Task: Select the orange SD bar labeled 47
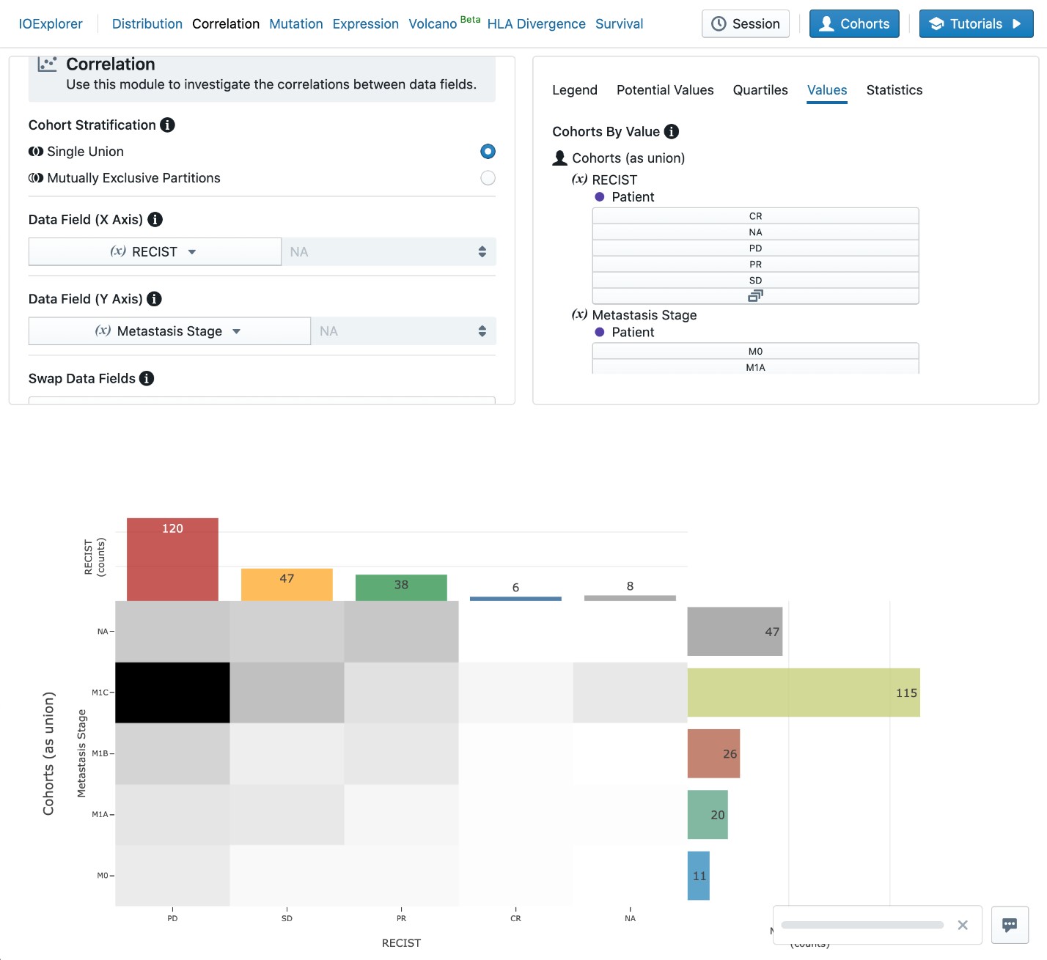287,585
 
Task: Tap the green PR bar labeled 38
401,588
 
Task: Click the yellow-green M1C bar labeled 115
804,693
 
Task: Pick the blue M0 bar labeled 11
699,876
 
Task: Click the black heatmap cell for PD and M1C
172,693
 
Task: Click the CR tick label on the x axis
515,918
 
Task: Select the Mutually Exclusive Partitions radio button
488,178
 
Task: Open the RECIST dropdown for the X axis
155,252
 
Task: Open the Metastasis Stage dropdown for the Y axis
169,331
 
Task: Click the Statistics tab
894,90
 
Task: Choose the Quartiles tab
760,90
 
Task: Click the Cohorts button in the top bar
854,24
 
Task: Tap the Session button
746,24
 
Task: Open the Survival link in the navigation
619,24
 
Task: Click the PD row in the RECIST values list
755,248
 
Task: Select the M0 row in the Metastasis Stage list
755,352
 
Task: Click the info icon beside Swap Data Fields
147,378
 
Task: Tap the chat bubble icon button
1010,925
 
